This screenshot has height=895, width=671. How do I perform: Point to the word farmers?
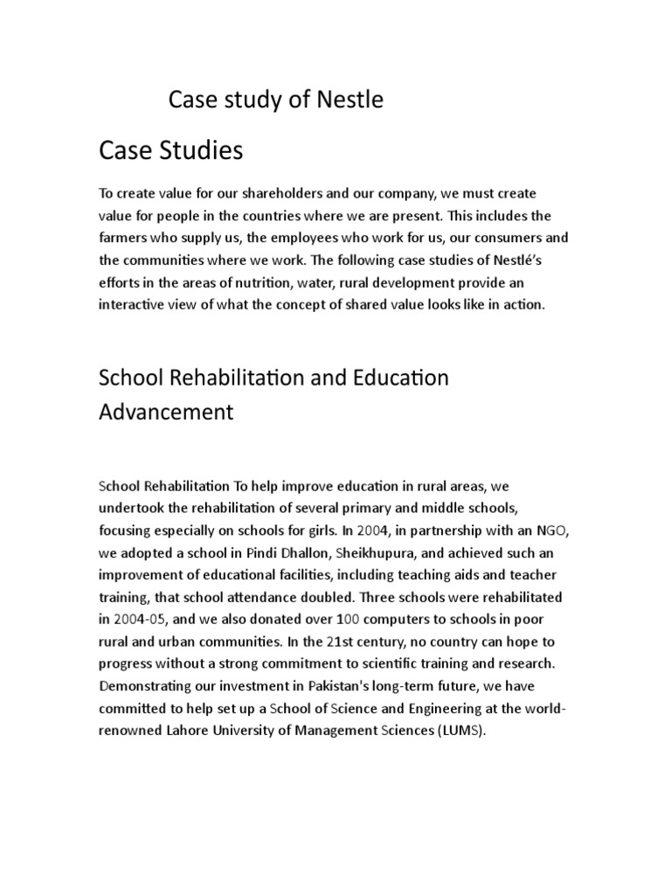124,238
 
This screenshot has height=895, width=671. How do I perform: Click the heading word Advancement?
166,412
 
